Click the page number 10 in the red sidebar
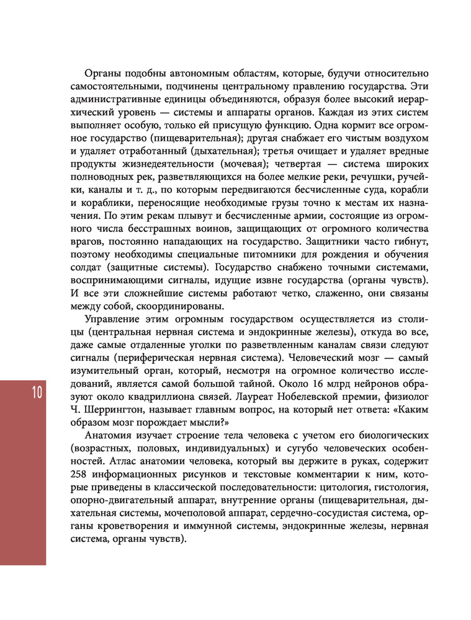coord(34,394)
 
